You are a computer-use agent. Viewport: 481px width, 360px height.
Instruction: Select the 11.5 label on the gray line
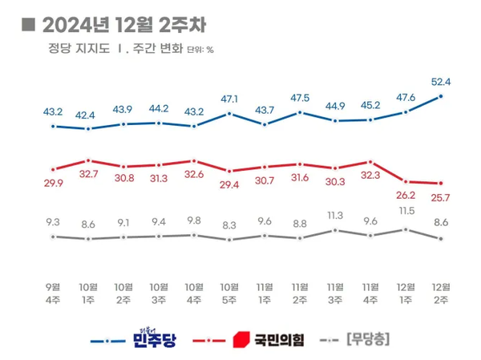point(407,211)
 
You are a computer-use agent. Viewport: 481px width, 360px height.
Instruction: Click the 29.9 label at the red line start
point(53,184)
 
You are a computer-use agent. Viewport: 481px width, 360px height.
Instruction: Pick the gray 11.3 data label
point(336,215)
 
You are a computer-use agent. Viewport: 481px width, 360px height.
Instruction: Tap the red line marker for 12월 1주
point(406,181)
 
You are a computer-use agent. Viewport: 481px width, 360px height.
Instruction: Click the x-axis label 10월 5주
point(230,293)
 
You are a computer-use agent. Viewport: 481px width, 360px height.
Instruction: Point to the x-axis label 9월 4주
point(53,293)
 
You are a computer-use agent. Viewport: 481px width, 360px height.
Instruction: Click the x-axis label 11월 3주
point(336,293)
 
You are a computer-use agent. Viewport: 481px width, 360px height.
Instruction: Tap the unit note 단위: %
point(200,51)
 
